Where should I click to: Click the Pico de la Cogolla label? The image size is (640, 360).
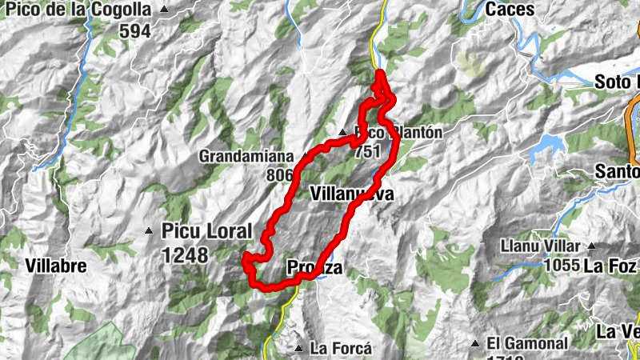tap(78, 10)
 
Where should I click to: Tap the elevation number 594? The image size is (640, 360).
tap(134, 31)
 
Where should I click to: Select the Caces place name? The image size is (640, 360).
tap(510, 10)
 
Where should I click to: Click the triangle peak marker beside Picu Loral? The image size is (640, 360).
tap(149, 232)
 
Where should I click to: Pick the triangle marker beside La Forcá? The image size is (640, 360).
tap(298, 349)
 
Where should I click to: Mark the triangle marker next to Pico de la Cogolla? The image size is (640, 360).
tap(165, 10)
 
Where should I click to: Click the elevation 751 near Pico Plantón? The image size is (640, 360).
tap(368, 150)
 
